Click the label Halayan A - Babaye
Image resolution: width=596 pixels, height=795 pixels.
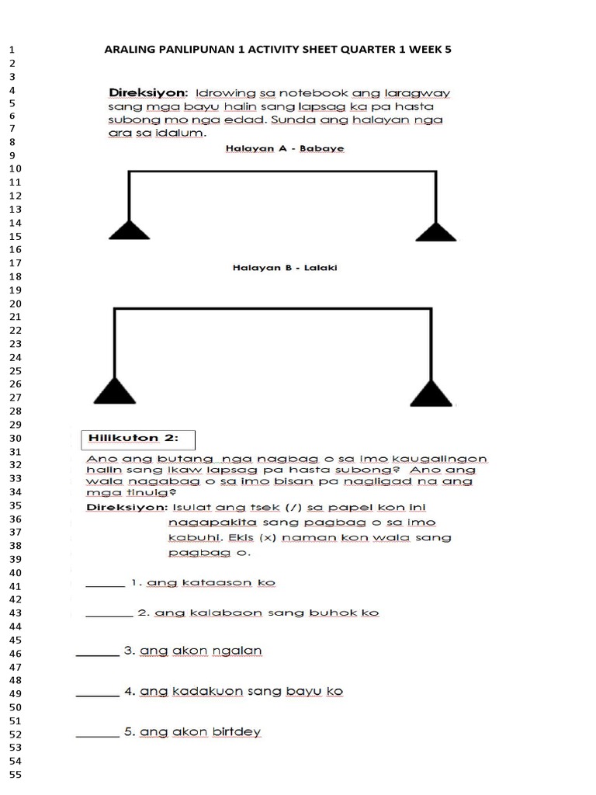coord(286,149)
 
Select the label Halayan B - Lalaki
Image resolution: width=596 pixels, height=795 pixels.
coord(285,269)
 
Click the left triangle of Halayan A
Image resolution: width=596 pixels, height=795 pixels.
coord(129,230)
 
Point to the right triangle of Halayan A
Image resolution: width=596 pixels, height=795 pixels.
coord(435,231)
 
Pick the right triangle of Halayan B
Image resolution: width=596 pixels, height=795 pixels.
coord(431,393)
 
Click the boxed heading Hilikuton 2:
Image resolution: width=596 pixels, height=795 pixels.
coord(138,439)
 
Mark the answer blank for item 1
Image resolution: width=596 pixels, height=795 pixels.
coord(104,585)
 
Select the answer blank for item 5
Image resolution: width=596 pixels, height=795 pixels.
coord(97,735)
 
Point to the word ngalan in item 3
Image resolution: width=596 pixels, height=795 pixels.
coord(242,651)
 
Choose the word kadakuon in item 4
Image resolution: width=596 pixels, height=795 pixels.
coord(203,691)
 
